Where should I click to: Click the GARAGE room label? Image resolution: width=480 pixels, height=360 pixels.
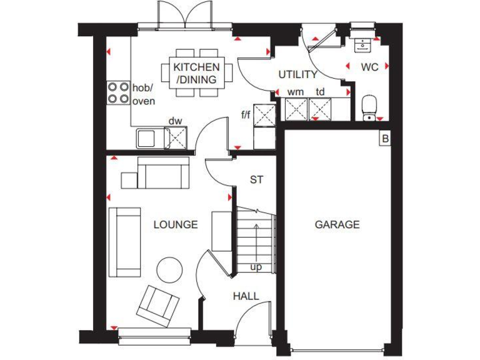coord(337,224)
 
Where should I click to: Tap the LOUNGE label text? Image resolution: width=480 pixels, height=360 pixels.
coord(176,224)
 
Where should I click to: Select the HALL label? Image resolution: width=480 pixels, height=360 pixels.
coord(246,296)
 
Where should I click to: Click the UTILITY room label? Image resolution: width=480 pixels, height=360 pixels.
coord(297,74)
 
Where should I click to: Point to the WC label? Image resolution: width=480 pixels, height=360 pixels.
coord(369,67)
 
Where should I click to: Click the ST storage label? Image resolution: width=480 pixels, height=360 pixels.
coord(256,180)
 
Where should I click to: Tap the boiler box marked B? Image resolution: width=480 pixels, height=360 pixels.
coord(384,139)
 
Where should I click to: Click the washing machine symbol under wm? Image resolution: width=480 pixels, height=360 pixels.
coord(296,110)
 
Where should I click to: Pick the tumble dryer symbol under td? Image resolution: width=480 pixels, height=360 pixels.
coord(322,110)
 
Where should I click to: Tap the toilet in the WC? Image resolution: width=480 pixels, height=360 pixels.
coord(369,107)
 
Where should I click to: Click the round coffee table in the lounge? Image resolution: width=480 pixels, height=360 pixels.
coord(169,269)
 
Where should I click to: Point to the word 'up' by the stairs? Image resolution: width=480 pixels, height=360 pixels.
coord(256,267)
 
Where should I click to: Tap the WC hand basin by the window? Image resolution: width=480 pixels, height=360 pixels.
coord(361,43)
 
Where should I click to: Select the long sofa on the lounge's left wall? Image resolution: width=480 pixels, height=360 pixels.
coord(124,242)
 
